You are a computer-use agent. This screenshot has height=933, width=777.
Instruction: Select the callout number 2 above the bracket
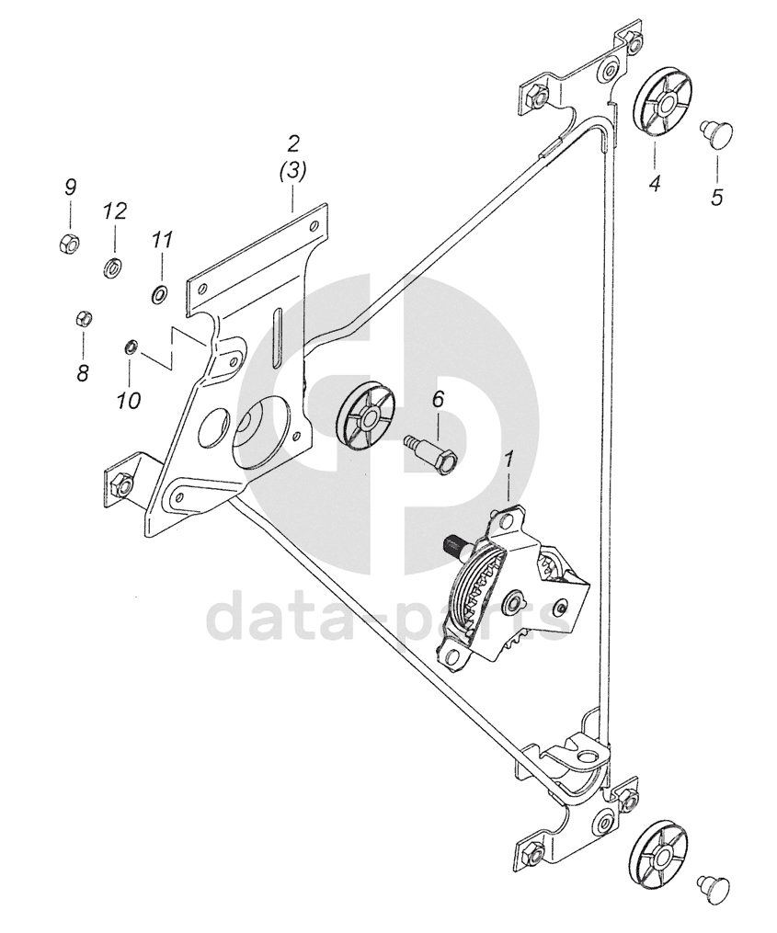coord(292,143)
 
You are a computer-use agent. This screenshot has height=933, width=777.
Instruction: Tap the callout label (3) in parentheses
coord(292,171)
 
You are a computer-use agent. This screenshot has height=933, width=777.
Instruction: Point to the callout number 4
coord(655,184)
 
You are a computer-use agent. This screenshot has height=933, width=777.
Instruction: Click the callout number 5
coord(717,196)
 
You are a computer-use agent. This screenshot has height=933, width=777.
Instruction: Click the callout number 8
coord(83,373)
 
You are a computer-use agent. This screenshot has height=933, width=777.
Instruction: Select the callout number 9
coord(70,187)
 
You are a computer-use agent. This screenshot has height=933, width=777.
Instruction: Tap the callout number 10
coord(129,400)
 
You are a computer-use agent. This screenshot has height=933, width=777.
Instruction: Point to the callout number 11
coord(162,241)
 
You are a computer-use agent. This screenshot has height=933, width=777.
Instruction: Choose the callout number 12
coord(114,211)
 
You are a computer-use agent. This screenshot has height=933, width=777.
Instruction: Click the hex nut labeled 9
coord(67,244)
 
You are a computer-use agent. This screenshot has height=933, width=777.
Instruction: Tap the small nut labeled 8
coord(81,319)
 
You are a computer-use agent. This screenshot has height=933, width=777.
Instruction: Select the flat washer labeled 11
coord(158,293)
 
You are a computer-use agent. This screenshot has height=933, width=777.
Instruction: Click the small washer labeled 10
coord(130,347)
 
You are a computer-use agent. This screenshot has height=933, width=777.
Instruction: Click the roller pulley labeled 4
coord(661,103)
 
